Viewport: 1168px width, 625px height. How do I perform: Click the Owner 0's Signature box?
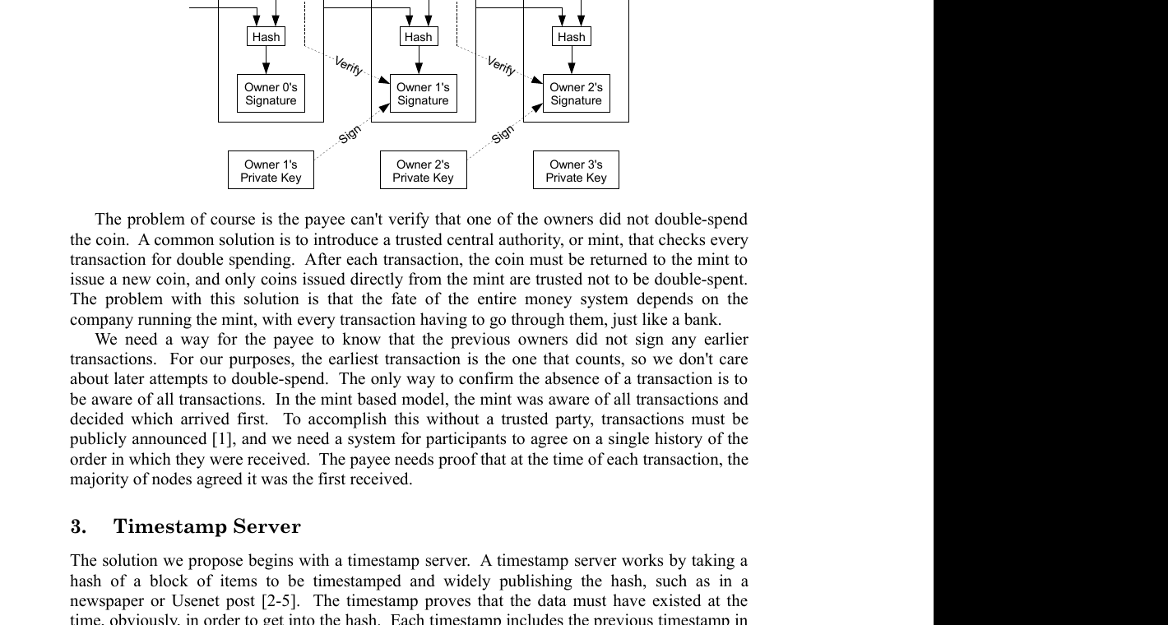(x=270, y=94)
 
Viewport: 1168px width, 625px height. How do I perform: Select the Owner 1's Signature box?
(x=423, y=94)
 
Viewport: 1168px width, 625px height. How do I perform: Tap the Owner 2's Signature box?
(x=576, y=94)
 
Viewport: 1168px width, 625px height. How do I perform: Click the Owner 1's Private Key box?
(x=271, y=171)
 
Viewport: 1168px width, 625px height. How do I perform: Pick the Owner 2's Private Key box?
(x=423, y=171)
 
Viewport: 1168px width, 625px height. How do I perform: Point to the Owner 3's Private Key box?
(x=576, y=171)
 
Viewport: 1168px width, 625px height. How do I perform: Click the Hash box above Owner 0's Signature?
(x=266, y=37)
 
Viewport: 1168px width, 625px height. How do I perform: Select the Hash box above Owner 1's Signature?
(x=418, y=37)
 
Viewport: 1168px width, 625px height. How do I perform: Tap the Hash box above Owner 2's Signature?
(x=571, y=37)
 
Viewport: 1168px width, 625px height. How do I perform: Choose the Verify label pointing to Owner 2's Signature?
(x=502, y=67)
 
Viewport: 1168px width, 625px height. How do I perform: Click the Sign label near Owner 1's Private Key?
(x=349, y=134)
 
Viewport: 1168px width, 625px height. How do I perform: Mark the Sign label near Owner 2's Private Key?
(x=502, y=134)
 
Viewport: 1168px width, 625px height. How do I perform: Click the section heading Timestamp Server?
(x=207, y=526)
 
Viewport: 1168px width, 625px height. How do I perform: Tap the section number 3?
(x=76, y=526)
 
